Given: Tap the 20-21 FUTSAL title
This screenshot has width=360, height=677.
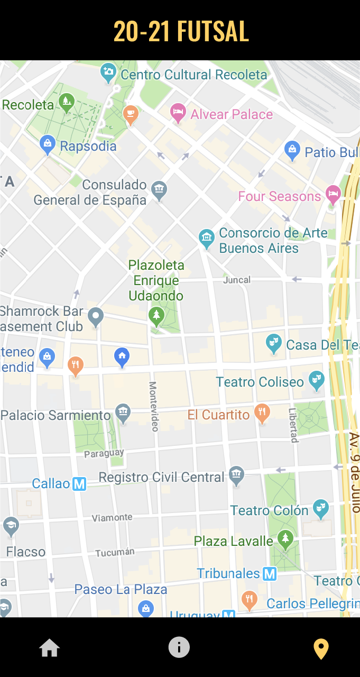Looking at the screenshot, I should pyautogui.click(x=181, y=31).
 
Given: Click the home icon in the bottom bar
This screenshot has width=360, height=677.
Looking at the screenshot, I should pyautogui.click(x=49, y=648).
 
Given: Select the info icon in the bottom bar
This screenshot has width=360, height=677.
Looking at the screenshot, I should pyautogui.click(x=179, y=647).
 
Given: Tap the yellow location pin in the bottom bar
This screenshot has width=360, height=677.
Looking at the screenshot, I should pyautogui.click(x=321, y=648).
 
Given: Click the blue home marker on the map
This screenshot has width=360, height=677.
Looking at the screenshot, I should pyautogui.click(x=122, y=357).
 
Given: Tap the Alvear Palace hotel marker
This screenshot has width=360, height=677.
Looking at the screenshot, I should pyautogui.click(x=178, y=113).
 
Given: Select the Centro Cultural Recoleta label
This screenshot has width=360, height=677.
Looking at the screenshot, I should pyautogui.click(x=194, y=75).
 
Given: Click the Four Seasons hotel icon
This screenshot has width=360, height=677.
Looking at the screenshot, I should pyautogui.click(x=333, y=195).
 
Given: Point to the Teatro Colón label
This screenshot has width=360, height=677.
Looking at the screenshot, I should pyautogui.click(x=269, y=510).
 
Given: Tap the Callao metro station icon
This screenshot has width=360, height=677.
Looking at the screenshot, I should pyautogui.click(x=79, y=483).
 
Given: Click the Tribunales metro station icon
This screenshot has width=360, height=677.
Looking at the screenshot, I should pyautogui.click(x=270, y=573).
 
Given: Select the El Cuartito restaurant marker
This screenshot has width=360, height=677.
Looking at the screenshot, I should pyautogui.click(x=262, y=413).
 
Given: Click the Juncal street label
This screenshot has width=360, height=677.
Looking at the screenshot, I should pyautogui.click(x=237, y=280).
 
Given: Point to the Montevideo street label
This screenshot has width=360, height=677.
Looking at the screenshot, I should pyautogui.click(x=154, y=406).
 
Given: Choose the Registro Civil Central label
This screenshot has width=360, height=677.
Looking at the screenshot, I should pyautogui.click(x=162, y=477).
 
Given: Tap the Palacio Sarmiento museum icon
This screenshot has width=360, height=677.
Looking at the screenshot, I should pyautogui.click(x=123, y=413).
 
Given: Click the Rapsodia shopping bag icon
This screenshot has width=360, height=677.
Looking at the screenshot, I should pyautogui.click(x=48, y=144).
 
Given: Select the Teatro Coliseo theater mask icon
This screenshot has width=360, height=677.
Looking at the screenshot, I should pyautogui.click(x=317, y=380).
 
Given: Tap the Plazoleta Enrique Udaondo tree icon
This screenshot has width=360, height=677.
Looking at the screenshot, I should pyautogui.click(x=156, y=316).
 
